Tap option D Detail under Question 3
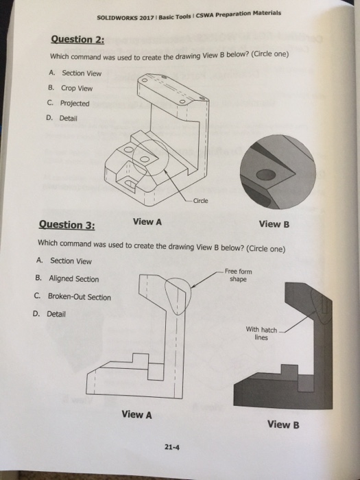52,314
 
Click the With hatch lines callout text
261,333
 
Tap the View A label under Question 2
147,221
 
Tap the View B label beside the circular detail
274,224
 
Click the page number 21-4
171,448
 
